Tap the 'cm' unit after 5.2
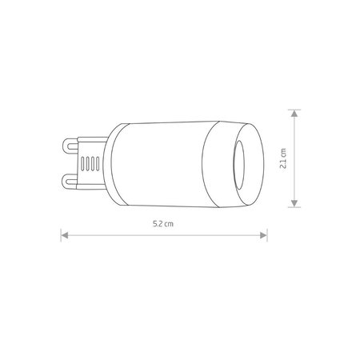click(170, 226)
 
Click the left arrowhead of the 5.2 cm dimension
click(65, 235)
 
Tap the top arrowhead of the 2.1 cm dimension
click(296, 113)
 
